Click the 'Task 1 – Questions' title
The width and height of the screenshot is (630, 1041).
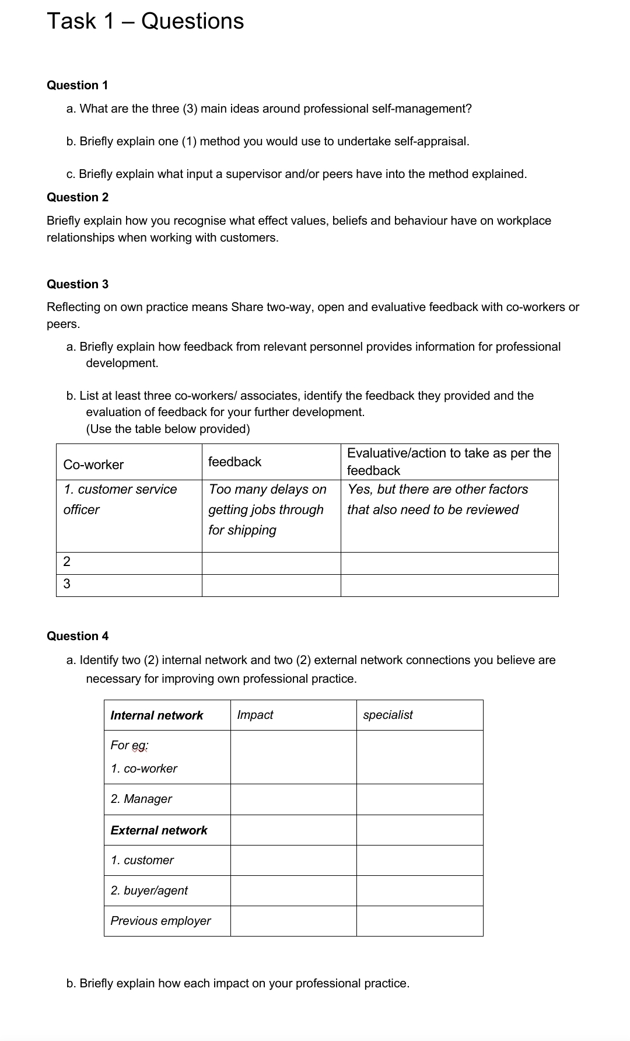(x=145, y=22)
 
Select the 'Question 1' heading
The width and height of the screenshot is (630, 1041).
(x=77, y=85)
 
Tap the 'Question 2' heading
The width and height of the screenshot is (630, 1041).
(x=77, y=197)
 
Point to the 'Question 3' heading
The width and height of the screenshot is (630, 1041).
(x=77, y=284)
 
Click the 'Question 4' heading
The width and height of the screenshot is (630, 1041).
(x=77, y=636)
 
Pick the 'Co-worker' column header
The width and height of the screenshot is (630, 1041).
(x=93, y=464)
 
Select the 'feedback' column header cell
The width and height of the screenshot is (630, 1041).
(x=235, y=462)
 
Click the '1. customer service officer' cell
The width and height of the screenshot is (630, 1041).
(x=120, y=499)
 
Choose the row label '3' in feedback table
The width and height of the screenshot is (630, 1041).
(x=66, y=584)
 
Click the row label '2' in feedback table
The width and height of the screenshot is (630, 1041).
(x=66, y=562)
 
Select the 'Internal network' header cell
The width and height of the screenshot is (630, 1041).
(x=156, y=715)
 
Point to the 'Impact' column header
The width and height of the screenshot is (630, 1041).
(x=255, y=715)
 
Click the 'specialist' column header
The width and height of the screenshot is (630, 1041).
(x=387, y=715)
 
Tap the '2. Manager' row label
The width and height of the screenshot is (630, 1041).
(x=141, y=799)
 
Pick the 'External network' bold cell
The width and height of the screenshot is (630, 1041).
(x=159, y=830)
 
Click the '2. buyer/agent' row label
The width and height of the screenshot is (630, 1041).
(x=149, y=890)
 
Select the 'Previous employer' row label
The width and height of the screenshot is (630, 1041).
(x=160, y=921)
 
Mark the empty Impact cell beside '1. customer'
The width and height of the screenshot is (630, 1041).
(x=293, y=860)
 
